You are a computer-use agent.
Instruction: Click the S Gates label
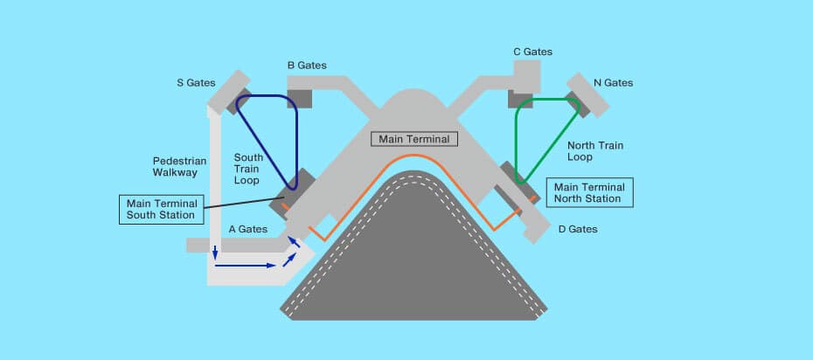tap(195, 83)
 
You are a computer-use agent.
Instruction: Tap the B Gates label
tap(307, 66)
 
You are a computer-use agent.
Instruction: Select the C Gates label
tap(532, 52)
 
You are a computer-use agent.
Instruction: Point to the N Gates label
tap(613, 83)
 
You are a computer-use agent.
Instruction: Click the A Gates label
tap(248, 229)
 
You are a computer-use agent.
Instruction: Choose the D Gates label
tap(578, 229)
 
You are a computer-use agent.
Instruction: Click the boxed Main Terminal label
tap(414, 139)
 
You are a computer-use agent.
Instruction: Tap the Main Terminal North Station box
tap(589, 192)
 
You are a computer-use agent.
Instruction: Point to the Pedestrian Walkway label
tap(175, 167)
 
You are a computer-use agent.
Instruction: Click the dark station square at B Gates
tap(300, 98)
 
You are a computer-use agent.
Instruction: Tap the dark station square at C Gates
tap(519, 98)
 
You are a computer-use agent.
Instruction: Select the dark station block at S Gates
tap(240, 100)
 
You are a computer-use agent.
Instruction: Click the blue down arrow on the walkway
tap(213, 253)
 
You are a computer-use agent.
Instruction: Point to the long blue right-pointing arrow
tap(245, 264)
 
